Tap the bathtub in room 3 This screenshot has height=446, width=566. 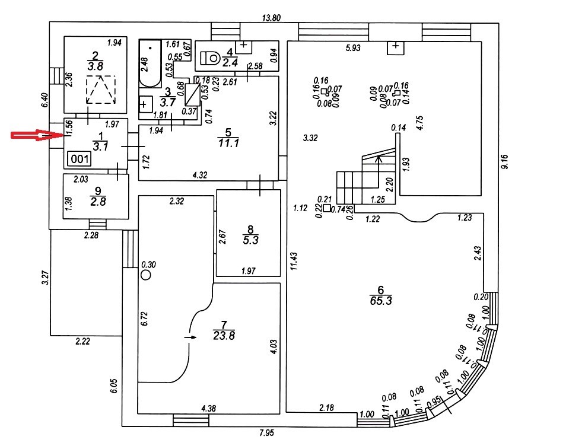150,63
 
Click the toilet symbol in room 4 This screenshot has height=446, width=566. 210,58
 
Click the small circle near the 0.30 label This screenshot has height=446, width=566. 145,275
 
